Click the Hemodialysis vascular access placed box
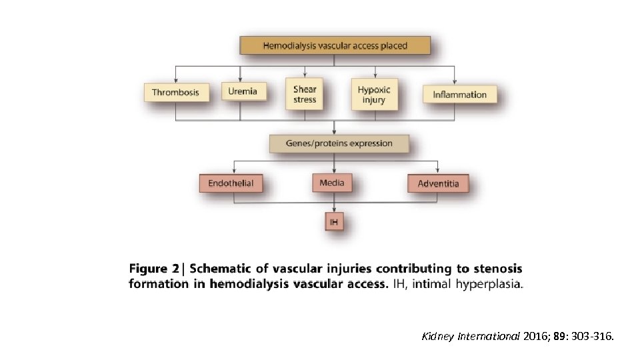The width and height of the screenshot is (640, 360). (x=335, y=46)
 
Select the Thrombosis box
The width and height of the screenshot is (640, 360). (x=175, y=92)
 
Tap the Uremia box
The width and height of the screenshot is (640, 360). (x=243, y=91)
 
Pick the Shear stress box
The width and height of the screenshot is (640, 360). (x=305, y=94)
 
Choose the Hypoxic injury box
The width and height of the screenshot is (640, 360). (x=374, y=94)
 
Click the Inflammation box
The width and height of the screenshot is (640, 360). (x=460, y=94)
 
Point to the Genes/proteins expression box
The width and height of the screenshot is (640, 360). (x=339, y=143)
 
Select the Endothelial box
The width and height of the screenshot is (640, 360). (x=231, y=183)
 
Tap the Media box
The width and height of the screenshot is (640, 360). (x=332, y=183)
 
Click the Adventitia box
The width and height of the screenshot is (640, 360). (x=438, y=183)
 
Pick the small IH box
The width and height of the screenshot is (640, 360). (x=334, y=221)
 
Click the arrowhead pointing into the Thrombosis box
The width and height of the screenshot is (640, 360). (x=176, y=79)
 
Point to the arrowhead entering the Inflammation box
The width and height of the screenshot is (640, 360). (x=454, y=81)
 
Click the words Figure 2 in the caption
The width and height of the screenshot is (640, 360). (x=154, y=269)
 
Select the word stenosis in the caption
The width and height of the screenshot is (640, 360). (x=499, y=269)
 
